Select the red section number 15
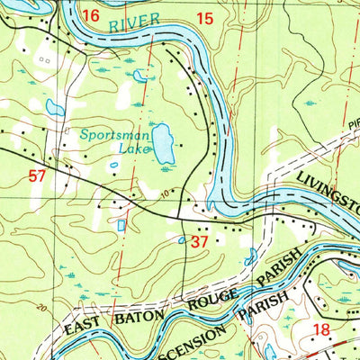(x=205, y=18)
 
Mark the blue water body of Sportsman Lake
(x=163, y=144)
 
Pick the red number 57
(x=37, y=177)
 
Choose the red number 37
(x=200, y=241)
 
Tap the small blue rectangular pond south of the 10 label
(x=121, y=225)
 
